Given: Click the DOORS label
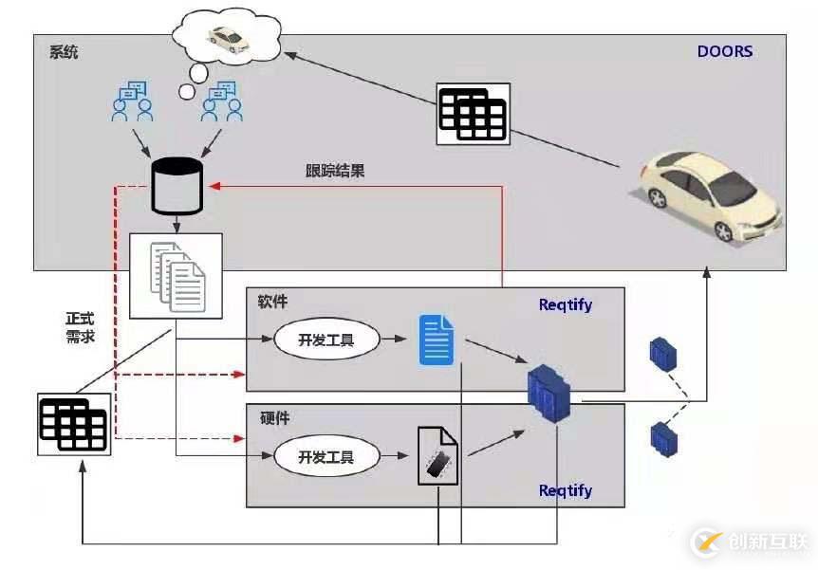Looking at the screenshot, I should click(725, 51).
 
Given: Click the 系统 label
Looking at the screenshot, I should click(64, 51).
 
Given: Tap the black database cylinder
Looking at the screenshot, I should click(177, 186).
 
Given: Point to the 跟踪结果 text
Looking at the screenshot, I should click(335, 172).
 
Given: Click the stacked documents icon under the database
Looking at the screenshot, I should click(176, 275).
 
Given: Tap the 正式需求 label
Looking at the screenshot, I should click(80, 327).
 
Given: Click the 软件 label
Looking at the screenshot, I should click(272, 303).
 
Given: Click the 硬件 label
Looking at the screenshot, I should click(273, 417).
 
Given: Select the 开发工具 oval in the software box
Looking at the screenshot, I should click(326, 340).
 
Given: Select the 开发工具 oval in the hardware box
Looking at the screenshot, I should click(326, 456).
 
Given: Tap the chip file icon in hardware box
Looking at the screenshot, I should click(437, 456).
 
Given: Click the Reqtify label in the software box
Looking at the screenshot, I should click(565, 304).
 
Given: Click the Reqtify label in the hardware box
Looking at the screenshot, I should click(565, 490).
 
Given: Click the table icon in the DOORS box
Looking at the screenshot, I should click(473, 114).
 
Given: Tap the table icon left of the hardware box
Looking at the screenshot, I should click(75, 424).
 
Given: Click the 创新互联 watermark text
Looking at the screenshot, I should click(768, 542).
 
